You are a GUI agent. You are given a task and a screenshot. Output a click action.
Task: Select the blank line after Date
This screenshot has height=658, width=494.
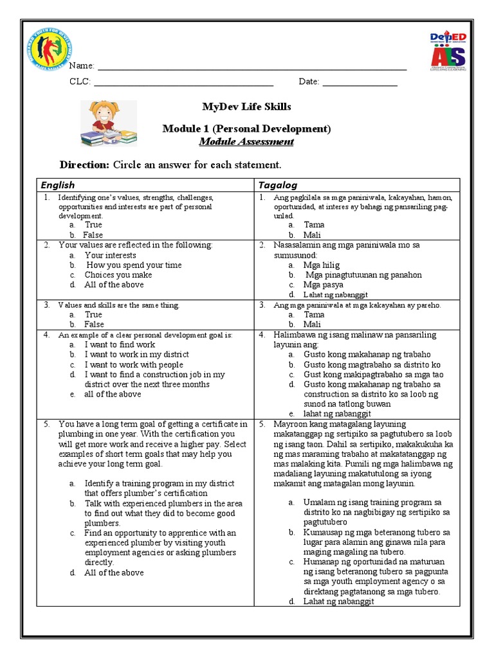tap(360, 84)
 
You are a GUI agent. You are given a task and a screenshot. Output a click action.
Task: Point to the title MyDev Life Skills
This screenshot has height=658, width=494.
tap(246, 106)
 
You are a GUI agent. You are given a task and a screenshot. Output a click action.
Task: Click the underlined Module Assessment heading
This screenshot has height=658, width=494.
tap(246, 142)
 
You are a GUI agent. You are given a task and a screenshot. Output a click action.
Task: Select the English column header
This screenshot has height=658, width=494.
tap(58, 185)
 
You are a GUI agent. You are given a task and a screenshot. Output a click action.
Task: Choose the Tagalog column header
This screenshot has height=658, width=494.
tap(278, 185)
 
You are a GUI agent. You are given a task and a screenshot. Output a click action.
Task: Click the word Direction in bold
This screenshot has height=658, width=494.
tap(84, 164)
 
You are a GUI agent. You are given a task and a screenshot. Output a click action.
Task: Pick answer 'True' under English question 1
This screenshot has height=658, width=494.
tap(93, 225)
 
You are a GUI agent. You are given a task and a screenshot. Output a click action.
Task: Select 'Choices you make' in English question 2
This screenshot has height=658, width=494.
tap(114, 274)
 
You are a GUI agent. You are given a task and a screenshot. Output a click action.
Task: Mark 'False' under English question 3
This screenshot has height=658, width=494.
tap(94, 325)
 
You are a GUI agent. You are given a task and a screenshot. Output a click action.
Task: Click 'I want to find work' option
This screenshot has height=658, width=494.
tap(120, 344)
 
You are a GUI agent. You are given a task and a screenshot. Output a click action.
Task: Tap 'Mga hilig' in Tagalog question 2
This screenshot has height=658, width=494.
tap(322, 265)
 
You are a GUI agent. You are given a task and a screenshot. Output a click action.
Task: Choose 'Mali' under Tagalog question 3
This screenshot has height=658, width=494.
tap(314, 325)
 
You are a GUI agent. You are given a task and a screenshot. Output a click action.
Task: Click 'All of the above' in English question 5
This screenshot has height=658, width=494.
tap(114, 573)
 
